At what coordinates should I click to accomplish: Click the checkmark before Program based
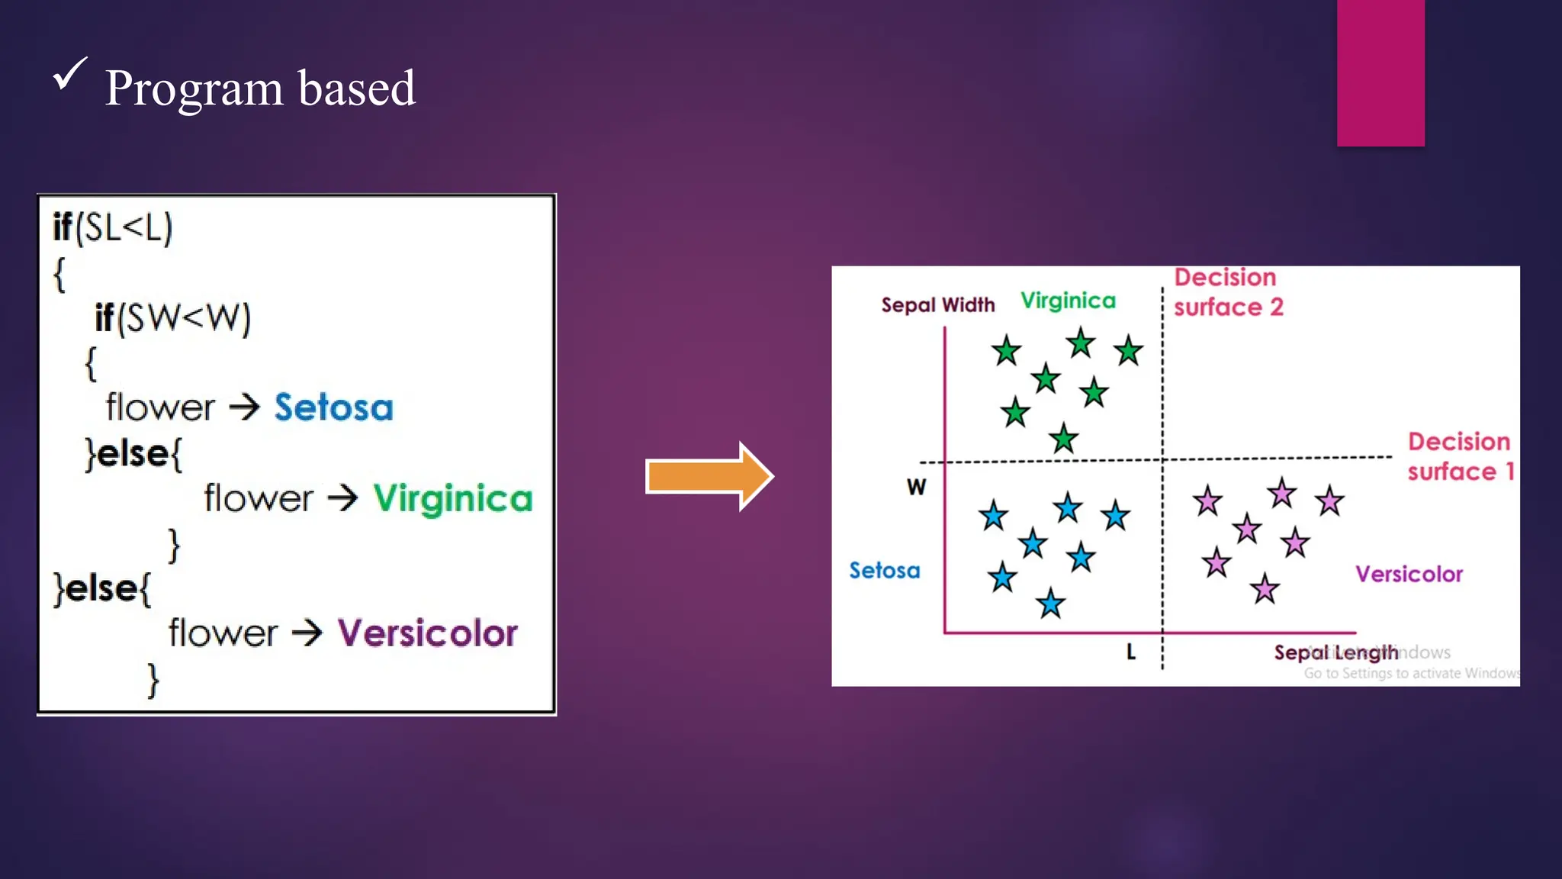(69, 75)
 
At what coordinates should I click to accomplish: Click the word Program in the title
(194, 89)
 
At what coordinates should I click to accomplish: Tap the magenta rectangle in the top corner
(1380, 72)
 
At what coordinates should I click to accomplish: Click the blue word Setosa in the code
(333, 407)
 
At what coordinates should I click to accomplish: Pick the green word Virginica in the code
(452, 499)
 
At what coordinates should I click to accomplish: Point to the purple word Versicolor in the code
(427, 633)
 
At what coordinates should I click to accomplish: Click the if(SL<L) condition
(113, 227)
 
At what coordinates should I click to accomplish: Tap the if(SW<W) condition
(172, 317)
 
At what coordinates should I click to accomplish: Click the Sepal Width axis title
(937, 305)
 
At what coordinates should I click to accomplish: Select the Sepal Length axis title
(1335, 652)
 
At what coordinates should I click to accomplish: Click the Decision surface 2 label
(1228, 292)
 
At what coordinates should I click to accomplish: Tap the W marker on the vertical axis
(916, 487)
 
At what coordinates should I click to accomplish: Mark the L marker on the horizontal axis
(1131, 652)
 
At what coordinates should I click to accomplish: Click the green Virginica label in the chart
(1068, 301)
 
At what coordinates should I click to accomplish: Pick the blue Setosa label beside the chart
(885, 571)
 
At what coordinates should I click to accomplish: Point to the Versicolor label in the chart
(1409, 574)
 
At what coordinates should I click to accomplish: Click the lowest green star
(1063, 439)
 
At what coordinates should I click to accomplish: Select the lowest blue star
(1050, 604)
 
